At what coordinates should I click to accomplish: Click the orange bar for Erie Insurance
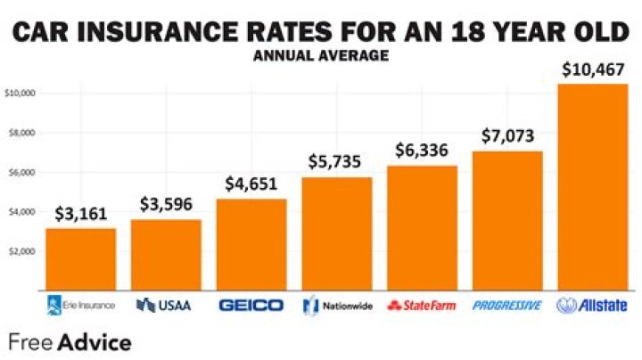80,258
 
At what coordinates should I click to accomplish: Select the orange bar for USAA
166,254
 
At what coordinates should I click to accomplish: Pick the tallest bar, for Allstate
592,186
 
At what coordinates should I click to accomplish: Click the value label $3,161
80,214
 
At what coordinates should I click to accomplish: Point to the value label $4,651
251,184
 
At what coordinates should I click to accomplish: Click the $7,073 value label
506,136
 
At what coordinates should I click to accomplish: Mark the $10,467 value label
592,69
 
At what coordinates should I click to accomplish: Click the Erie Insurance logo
80,305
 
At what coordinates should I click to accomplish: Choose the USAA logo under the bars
166,305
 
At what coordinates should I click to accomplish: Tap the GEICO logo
251,305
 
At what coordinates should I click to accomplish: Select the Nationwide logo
336,305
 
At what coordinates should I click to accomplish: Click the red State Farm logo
422,305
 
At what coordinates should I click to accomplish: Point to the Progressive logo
506,305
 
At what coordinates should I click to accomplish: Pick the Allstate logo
592,305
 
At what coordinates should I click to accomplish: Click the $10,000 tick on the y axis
20,93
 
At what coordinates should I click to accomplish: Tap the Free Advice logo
70,342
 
